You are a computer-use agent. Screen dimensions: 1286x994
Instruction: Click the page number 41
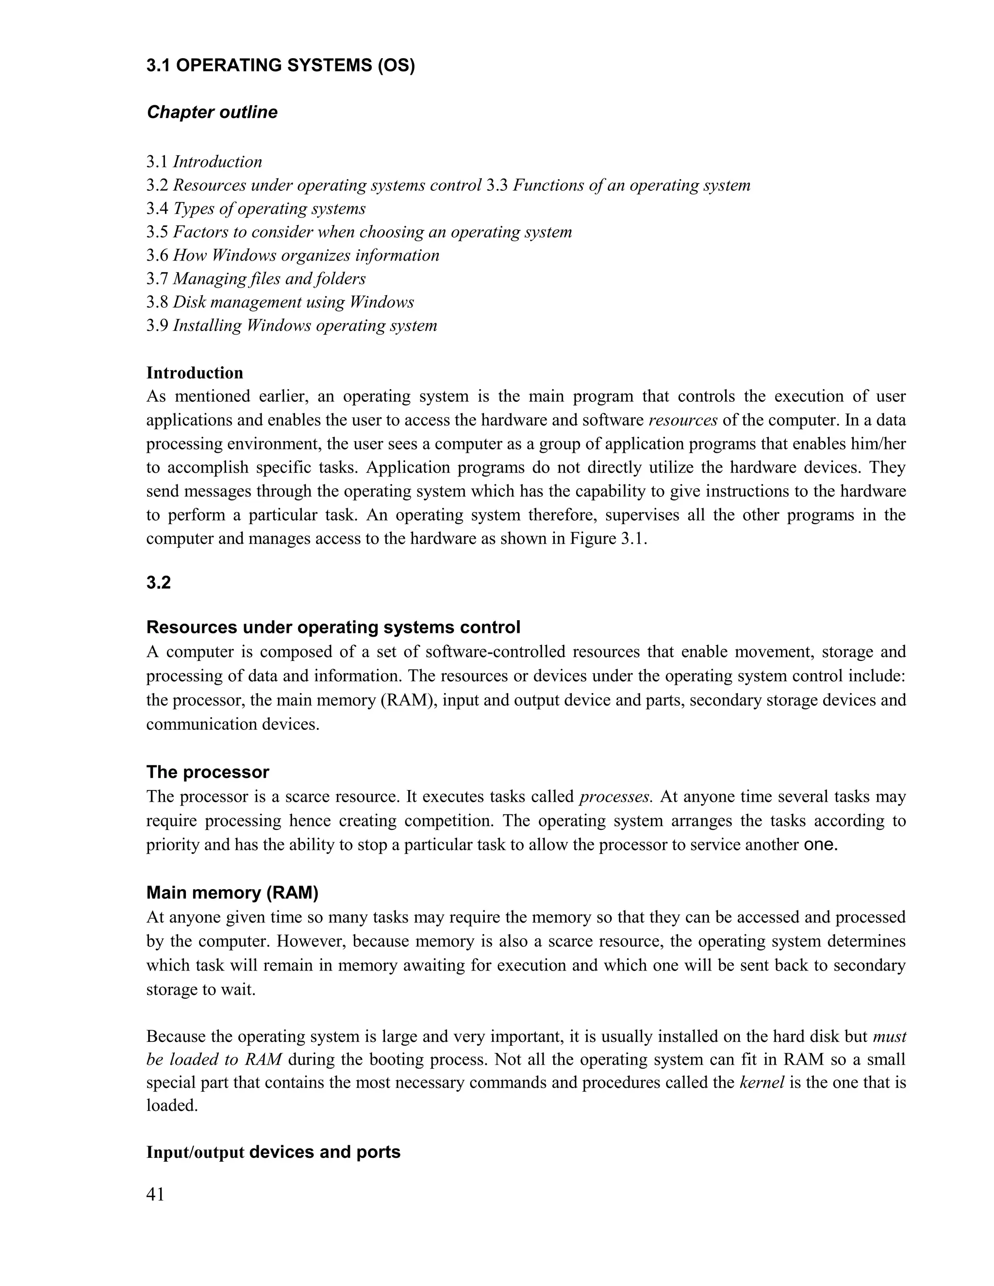(155, 1195)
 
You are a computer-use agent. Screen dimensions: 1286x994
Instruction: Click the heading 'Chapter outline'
(212, 112)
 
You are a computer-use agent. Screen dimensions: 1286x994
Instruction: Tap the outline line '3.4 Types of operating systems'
(256, 209)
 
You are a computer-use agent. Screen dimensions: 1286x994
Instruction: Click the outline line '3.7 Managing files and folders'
(256, 279)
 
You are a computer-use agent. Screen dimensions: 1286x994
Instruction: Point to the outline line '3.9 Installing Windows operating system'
(292, 326)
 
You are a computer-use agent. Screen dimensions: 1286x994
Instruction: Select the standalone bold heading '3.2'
(158, 583)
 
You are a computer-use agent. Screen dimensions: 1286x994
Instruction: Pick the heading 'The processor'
(208, 772)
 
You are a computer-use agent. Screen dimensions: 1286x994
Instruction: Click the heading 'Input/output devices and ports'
(273, 1152)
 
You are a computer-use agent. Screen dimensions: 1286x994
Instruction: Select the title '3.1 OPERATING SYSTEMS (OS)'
(281, 66)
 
